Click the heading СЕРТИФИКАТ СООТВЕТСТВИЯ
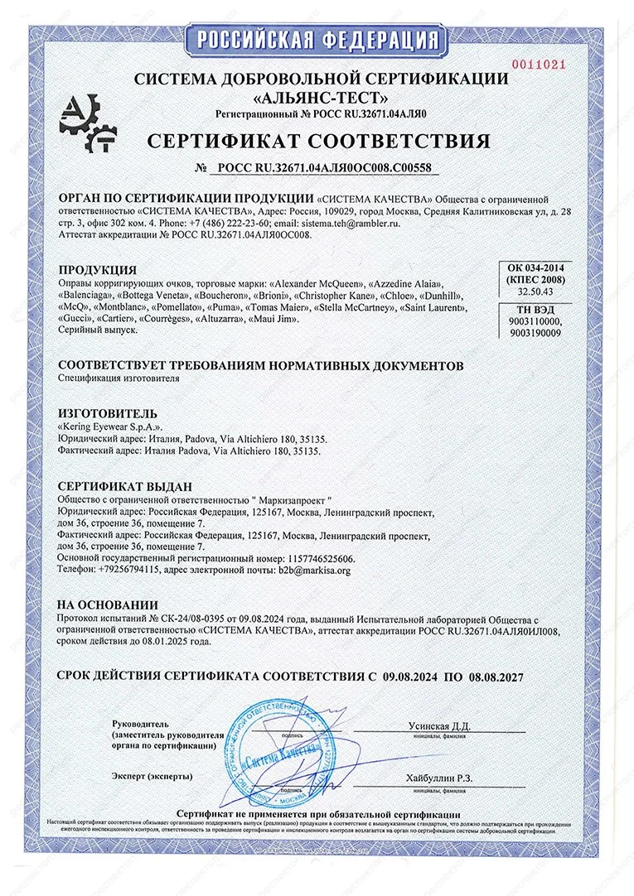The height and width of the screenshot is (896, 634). (318, 140)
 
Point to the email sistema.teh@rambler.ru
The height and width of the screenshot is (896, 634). (349, 224)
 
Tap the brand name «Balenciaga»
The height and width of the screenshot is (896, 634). (85, 295)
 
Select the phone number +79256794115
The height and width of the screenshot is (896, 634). (123, 571)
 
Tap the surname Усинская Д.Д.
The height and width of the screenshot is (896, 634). (439, 725)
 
